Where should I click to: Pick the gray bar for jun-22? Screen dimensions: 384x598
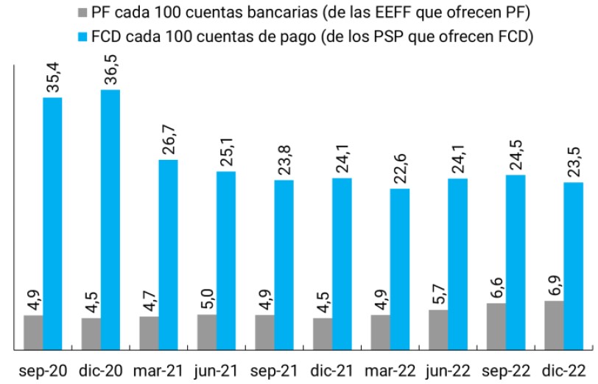click(438, 329)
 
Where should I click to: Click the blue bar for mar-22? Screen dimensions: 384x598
click(400, 268)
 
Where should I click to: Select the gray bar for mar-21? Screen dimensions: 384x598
click(149, 332)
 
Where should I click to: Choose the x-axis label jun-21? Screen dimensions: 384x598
click(216, 369)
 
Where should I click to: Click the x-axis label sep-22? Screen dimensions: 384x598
click(505, 369)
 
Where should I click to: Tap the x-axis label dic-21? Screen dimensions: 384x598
click(331, 369)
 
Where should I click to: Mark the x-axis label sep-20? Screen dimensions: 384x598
click(43, 369)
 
